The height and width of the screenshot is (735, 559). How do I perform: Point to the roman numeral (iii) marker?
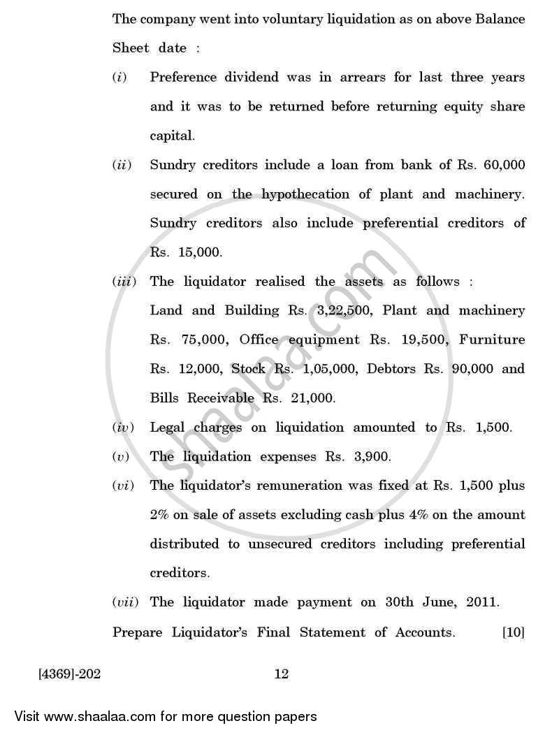pos(125,282)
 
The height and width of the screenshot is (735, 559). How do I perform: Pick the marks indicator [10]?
pos(512,632)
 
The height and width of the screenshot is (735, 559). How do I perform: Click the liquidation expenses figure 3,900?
pos(368,456)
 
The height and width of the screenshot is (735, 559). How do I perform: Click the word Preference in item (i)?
pos(185,78)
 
